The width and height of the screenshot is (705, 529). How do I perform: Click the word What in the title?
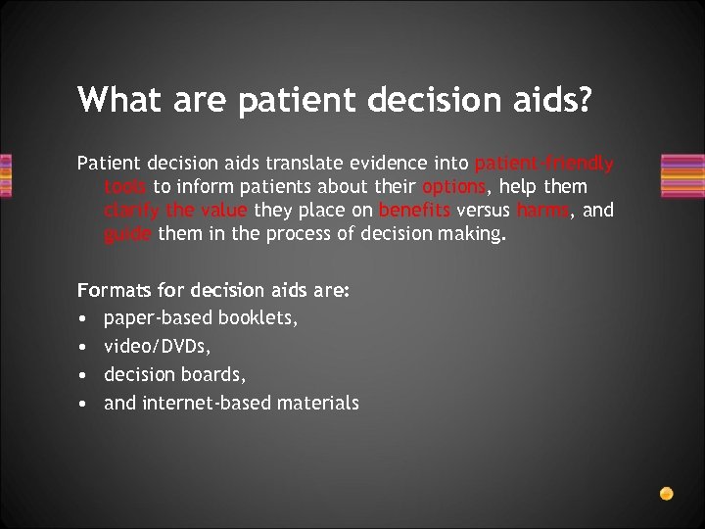[111, 99]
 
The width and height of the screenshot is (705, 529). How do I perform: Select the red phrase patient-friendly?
[543, 164]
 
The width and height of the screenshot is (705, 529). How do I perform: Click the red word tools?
[124, 186]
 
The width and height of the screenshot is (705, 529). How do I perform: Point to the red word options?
[453, 186]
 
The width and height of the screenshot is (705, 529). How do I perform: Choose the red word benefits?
[413, 210]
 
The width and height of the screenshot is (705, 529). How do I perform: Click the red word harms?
[543, 210]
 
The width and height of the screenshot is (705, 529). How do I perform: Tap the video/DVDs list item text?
[156, 346]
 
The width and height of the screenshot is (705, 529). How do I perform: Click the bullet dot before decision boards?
[84, 374]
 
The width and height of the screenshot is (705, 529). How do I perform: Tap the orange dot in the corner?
[666, 493]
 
